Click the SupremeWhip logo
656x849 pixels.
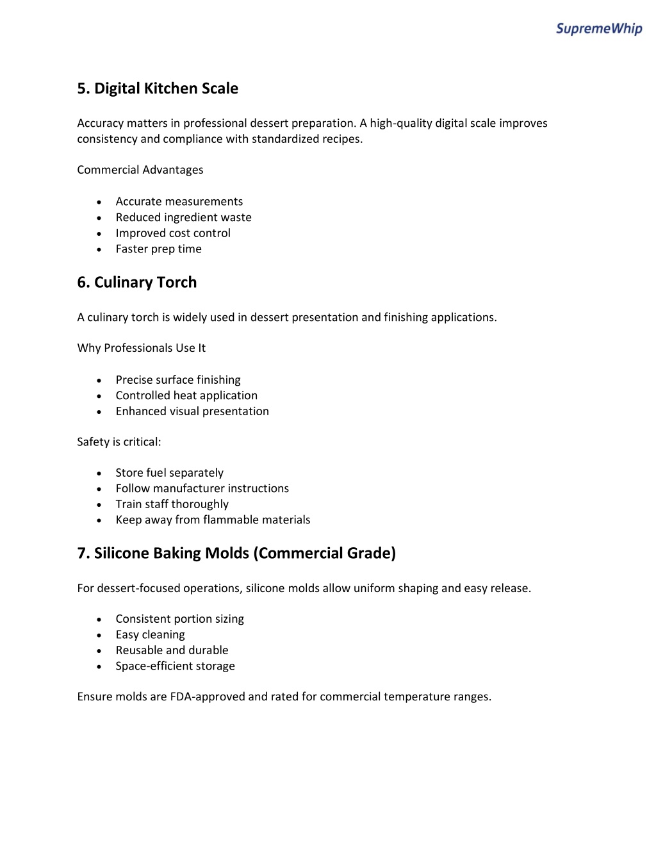tap(598, 28)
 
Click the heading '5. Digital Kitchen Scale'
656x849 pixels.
tap(158, 88)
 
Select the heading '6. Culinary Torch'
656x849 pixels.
tap(137, 283)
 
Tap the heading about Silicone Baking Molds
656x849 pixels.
tap(236, 553)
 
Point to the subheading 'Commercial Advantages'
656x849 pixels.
tap(140, 170)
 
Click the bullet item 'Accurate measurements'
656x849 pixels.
tap(179, 202)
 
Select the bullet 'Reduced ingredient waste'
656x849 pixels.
tap(184, 217)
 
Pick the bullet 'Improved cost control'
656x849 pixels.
tap(173, 233)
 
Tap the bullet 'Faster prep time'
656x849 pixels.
tap(159, 249)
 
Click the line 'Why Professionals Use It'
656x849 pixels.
tap(142, 348)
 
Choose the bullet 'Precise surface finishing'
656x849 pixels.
tap(178, 380)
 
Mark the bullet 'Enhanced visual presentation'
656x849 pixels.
tap(192, 411)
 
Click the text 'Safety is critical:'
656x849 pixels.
tap(119, 442)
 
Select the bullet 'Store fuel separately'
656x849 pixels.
tap(170, 473)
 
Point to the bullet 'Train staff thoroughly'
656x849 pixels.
tap(172, 504)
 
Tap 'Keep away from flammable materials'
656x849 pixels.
tap(213, 520)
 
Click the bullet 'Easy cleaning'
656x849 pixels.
tap(151, 634)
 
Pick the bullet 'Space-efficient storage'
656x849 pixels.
tap(176, 666)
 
